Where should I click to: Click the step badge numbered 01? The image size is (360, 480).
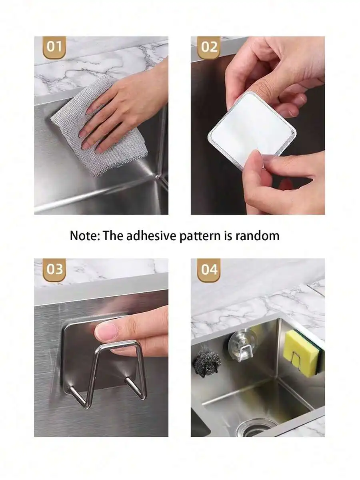tap(54, 48)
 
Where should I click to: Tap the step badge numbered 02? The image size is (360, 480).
tap(209, 48)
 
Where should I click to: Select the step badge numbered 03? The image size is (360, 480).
tap(54, 270)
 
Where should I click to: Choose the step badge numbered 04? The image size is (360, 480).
tap(209, 270)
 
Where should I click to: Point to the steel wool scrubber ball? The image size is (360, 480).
tap(205, 365)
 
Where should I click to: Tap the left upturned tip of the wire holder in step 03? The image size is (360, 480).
tap(71, 389)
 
